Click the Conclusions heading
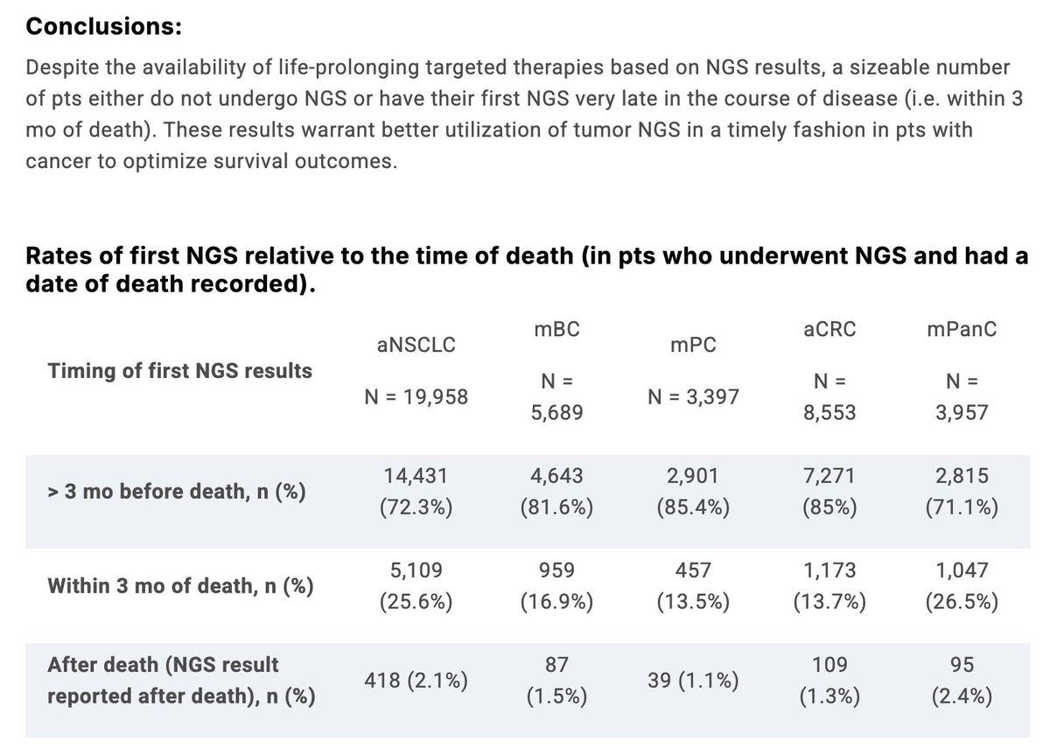104,27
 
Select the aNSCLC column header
416,345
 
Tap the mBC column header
556,329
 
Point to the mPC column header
693,345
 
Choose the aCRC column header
829,329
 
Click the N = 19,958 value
416,396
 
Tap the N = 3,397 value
693,396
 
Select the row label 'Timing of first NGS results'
179,371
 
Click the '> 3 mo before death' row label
177,492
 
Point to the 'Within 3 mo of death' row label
180,585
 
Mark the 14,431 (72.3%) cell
416,492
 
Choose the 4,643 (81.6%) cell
556,492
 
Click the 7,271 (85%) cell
829,492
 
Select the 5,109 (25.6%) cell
416,586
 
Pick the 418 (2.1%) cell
416,681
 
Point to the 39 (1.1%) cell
693,681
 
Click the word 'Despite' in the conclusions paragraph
56,67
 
